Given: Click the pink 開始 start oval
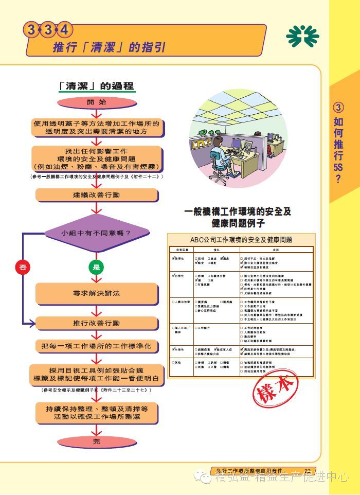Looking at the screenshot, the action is click(96, 102).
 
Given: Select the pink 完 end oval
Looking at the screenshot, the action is click(96, 441).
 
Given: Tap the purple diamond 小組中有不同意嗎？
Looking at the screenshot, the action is click(96, 233).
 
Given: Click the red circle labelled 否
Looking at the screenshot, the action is click(22, 267).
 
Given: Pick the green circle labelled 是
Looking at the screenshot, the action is click(96, 267).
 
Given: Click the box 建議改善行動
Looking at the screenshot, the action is click(96, 195).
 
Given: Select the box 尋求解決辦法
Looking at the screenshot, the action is click(96, 293).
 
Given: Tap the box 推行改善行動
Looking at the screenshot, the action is click(96, 323).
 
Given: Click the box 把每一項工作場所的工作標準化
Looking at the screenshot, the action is click(96, 346).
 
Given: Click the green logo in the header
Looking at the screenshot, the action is click(302, 36).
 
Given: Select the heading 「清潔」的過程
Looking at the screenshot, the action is click(96, 85).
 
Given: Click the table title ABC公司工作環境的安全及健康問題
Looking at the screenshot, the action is click(241, 240).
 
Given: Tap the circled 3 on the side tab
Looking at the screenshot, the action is click(338, 108).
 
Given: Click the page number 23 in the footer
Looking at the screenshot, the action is click(308, 470).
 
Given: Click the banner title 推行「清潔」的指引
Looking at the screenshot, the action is click(109, 48).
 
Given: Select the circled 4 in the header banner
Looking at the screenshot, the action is click(64, 30).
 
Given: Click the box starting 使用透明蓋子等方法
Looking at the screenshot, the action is click(96, 128).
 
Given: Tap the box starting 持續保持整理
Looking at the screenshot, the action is click(96, 413).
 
